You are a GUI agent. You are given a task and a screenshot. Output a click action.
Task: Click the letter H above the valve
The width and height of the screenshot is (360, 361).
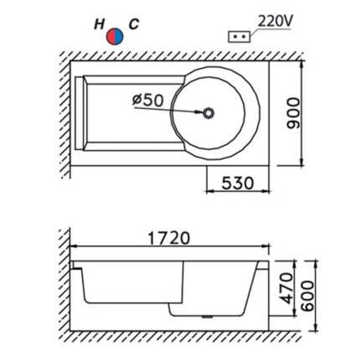click(99, 24)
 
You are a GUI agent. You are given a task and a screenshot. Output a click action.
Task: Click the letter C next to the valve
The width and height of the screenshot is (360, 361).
click(134, 24)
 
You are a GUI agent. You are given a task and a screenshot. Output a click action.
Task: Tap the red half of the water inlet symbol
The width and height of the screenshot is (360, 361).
click(111, 36)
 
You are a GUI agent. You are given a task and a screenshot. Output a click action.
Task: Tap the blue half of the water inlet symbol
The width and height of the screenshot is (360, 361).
click(119, 36)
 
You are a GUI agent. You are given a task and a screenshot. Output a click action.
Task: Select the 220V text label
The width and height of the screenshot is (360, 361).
click(275, 21)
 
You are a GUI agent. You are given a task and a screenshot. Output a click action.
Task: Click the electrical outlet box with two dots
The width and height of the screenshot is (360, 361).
click(239, 37)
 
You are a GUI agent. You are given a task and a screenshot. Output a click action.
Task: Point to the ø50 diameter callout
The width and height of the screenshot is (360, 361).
click(147, 100)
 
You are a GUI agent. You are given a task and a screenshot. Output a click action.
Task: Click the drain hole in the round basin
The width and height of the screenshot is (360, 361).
click(208, 113)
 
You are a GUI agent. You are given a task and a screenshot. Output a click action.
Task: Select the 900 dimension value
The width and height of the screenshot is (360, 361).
click(294, 113)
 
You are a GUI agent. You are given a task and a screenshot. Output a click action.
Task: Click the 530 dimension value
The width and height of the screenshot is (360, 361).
click(238, 183)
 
